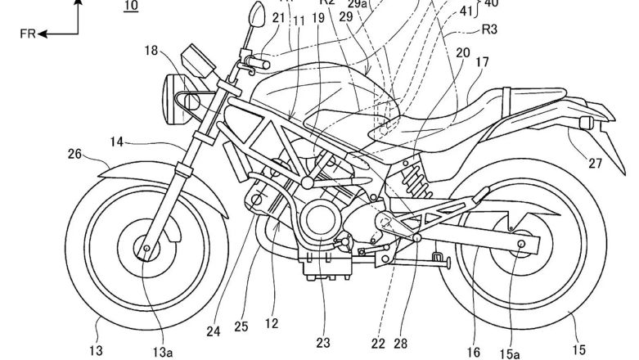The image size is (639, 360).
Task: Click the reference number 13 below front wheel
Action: [97, 350]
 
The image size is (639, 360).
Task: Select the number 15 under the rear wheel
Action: [578, 349]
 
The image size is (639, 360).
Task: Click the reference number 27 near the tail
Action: [595, 163]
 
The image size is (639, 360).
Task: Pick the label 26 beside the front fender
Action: [74, 152]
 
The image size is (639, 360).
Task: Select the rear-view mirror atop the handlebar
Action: [256, 13]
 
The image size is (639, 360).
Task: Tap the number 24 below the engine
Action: [213, 331]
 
